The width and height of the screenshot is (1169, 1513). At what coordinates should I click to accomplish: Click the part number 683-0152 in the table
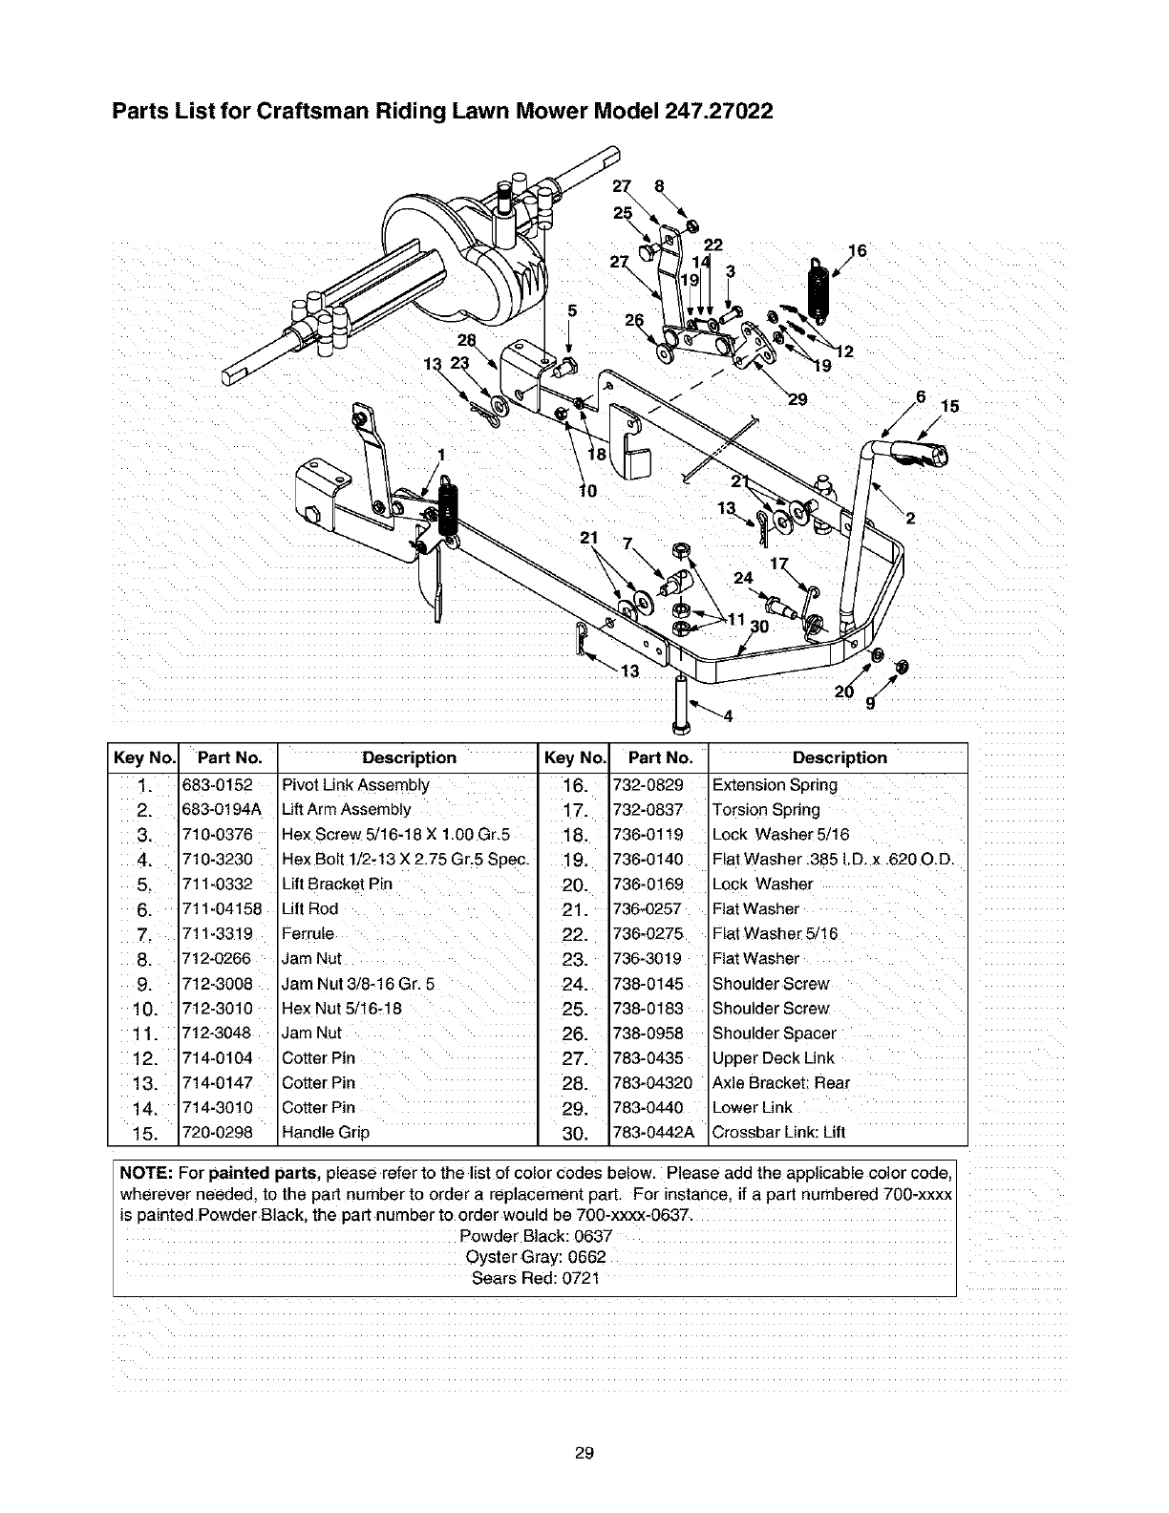pyautogui.click(x=217, y=785)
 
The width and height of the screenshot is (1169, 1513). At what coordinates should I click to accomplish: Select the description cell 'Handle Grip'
pyautogui.click(x=326, y=1133)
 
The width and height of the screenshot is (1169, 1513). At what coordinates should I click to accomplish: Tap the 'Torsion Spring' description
pyautogui.click(x=766, y=810)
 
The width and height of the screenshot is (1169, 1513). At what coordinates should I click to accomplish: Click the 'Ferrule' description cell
pyautogui.click(x=308, y=934)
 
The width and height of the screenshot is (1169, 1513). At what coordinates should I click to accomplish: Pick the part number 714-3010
pyautogui.click(x=217, y=1108)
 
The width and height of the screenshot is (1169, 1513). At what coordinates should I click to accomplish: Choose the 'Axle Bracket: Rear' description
pyautogui.click(x=781, y=1083)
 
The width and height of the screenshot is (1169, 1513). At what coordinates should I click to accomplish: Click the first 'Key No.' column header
pyautogui.click(x=143, y=758)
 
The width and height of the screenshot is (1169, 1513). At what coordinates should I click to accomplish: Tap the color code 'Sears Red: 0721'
pyautogui.click(x=535, y=1279)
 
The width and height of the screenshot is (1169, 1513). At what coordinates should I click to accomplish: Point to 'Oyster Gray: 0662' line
pyautogui.click(x=535, y=1256)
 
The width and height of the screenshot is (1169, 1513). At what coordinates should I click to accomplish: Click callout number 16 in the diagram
pyautogui.click(x=856, y=251)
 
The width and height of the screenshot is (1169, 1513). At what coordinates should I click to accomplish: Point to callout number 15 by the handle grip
pyautogui.click(x=948, y=406)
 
